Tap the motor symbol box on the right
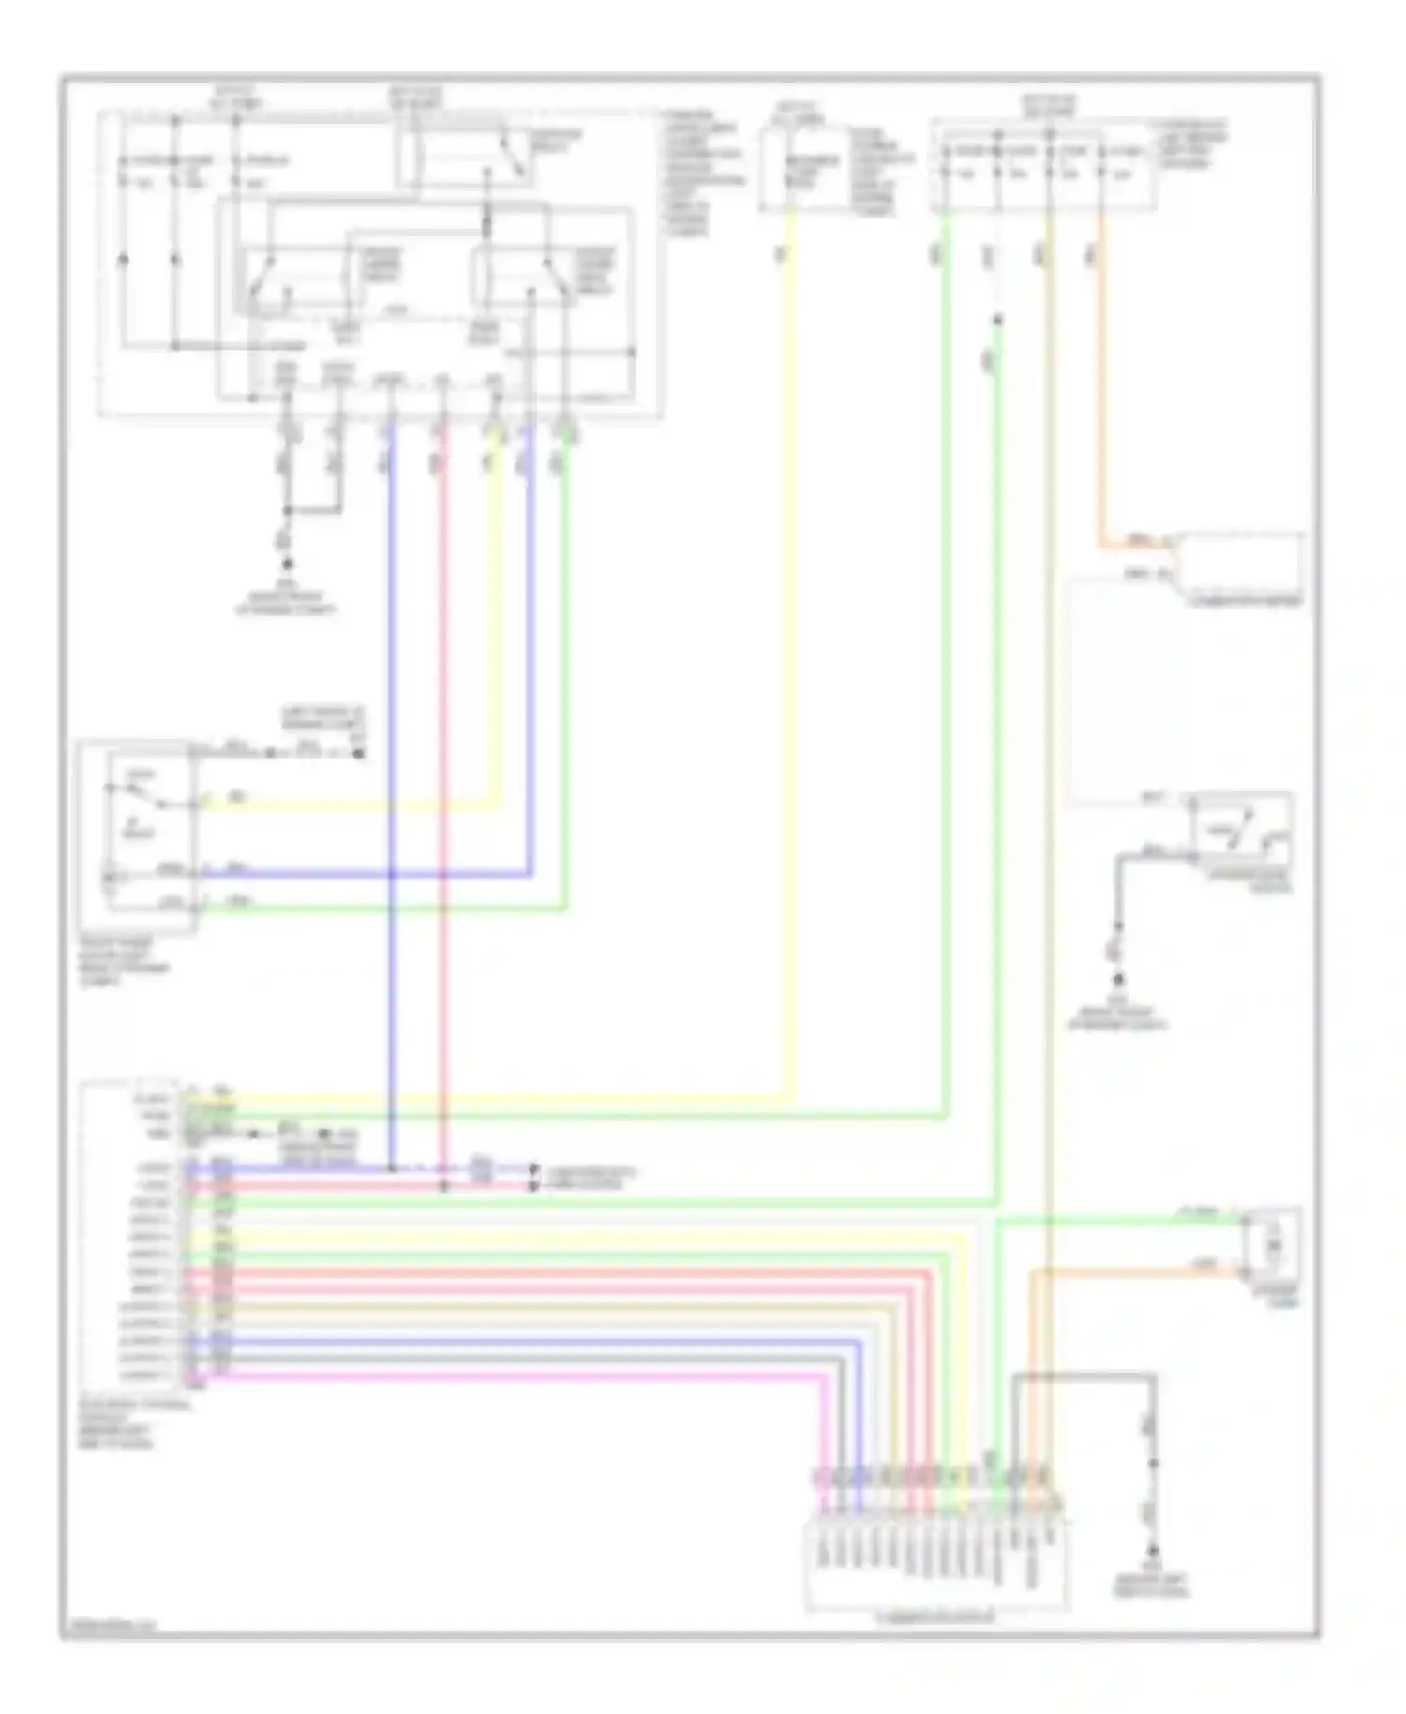click(x=1272, y=1246)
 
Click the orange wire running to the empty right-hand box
click(x=1102, y=394)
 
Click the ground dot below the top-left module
click(x=288, y=564)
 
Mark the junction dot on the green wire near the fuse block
click(x=997, y=321)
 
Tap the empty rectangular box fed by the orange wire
click(x=1240, y=560)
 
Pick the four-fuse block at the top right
click(x=1043, y=165)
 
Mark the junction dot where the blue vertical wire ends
click(x=392, y=1168)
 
